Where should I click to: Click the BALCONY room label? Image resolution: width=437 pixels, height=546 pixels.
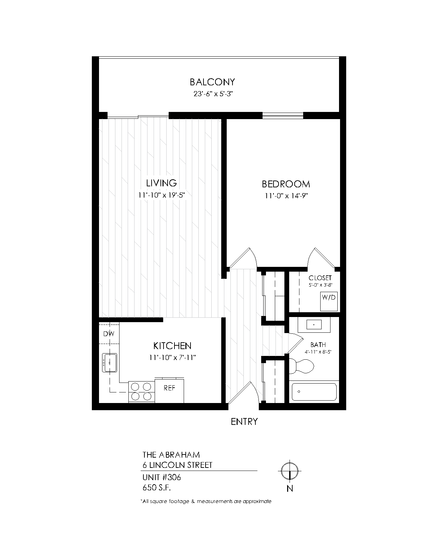point(212,82)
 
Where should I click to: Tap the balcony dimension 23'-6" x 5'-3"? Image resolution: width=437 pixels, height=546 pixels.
point(213,94)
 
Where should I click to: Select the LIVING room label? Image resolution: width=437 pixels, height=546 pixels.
point(161,183)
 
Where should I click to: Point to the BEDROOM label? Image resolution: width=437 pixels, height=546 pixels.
point(286,184)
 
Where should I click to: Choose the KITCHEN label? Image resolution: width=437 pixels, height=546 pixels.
point(172,346)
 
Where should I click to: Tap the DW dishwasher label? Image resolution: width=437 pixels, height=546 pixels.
point(109,334)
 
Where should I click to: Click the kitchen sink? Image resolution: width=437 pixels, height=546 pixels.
point(110,363)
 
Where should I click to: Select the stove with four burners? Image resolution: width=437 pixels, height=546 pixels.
point(141,391)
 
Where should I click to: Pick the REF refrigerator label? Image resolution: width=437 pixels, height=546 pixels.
point(170,388)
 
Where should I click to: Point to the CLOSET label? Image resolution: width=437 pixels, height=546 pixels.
point(320,278)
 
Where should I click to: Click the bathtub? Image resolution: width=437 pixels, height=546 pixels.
point(314,392)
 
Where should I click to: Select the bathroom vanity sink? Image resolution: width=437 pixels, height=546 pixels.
point(314,325)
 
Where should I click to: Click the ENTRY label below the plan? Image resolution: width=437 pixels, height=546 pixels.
point(244,422)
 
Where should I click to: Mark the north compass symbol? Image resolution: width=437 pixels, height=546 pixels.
point(290,471)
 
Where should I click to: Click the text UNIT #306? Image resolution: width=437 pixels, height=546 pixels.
point(161,477)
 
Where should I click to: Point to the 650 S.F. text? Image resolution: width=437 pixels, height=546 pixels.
point(157,488)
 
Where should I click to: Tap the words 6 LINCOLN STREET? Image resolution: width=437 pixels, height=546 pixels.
point(178,465)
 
